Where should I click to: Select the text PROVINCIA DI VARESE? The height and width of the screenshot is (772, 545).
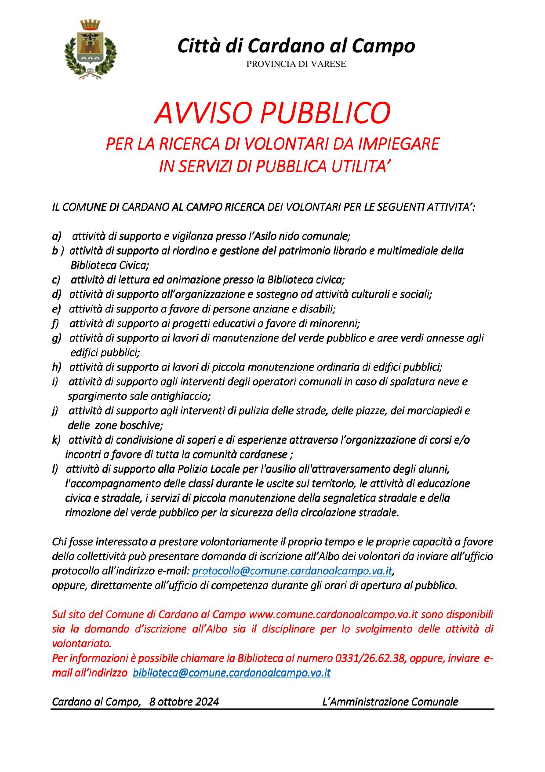296,64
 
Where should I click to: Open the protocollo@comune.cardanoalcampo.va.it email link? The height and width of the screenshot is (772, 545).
292,571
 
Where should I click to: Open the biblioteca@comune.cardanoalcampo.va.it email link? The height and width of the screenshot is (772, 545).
231,673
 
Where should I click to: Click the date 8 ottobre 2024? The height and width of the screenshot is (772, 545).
184,702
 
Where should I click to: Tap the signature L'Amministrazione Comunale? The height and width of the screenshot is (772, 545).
390,702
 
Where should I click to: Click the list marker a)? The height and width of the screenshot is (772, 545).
57,236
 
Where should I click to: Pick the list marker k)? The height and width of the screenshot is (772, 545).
56,440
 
